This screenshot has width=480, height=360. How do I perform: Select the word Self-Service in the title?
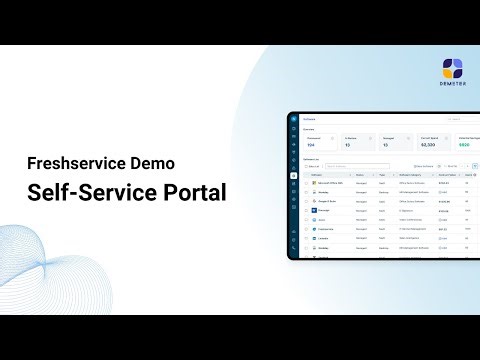pos(91,193)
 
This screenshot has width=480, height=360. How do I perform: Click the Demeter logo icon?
pos(452,68)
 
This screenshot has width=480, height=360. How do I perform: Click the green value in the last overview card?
pos(463,144)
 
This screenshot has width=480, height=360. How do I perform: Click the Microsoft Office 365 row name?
pos(333,183)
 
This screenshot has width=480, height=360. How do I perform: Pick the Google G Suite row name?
pos(330,201)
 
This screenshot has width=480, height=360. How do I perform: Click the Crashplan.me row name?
pos(329,229)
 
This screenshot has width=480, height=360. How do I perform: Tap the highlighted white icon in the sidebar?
pos(293,175)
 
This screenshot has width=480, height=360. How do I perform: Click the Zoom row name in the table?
pos(324,220)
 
